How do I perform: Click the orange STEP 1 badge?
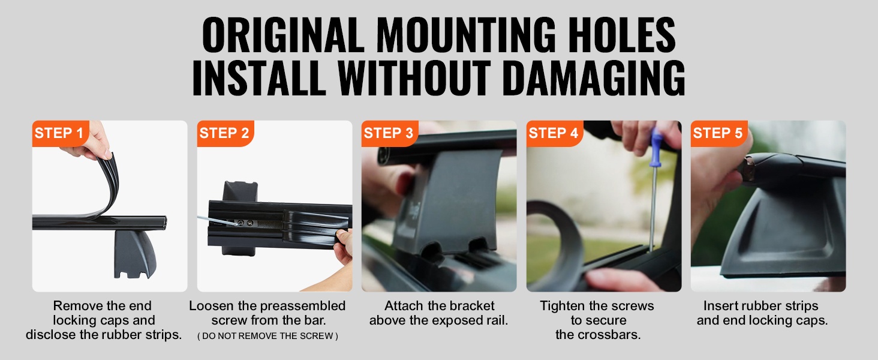pos(61,133)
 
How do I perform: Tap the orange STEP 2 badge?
pos(225,133)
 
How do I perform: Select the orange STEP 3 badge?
pos(390,133)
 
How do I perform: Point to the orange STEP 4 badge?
pos(555,133)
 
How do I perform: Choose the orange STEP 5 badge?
pos(719,133)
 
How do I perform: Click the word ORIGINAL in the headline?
pos(283,35)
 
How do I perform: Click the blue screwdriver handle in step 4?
pos(656,147)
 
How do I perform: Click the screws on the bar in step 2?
pos(245,223)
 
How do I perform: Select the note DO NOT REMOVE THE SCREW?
pos(267,336)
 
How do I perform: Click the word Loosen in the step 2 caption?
pos(212,306)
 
